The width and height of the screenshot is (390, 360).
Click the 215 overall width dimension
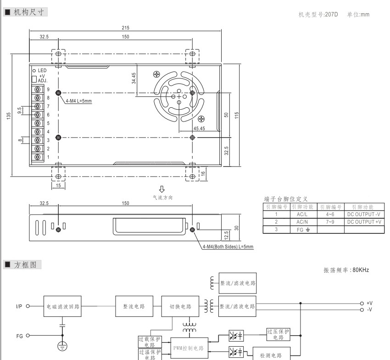[x=125, y=28]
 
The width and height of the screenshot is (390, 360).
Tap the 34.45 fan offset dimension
[x=134, y=78]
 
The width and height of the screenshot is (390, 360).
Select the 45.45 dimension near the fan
[x=199, y=128]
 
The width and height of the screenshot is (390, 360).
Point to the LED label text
[x=42, y=70]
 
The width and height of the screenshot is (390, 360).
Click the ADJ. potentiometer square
[x=34, y=78]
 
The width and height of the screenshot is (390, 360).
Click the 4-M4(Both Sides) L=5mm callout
[x=228, y=247]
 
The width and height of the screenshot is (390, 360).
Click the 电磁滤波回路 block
[x=64, y=306]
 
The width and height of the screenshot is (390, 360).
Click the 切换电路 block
[x=180, y=306]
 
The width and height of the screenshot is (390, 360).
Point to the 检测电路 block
[x=273, y=355]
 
